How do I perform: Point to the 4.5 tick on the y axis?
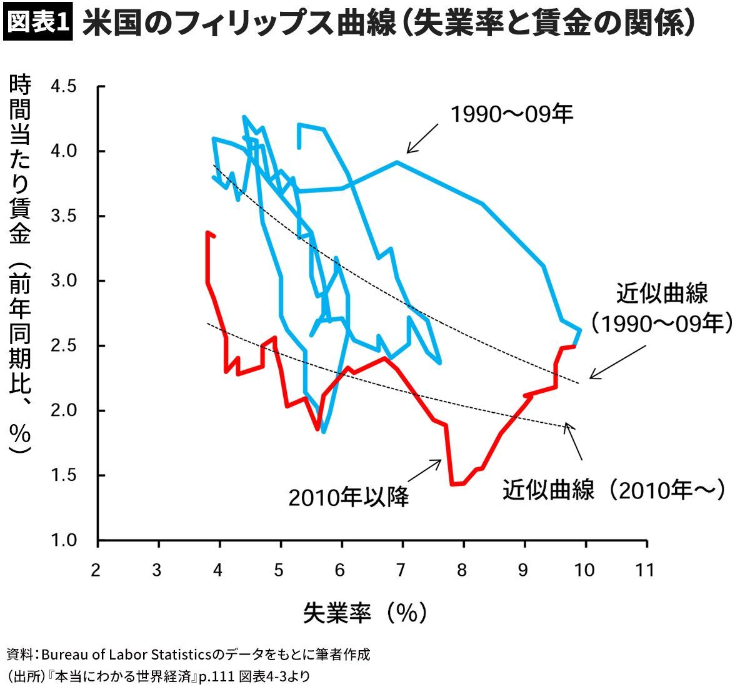pyautogui.click(x=64, y=86)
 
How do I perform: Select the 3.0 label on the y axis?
pyautogui.click(x=64, y=280)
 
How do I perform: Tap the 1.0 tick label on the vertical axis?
pyautogui.click(x=64, y=540)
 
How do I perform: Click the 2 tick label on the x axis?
pyautogui.click(x=96, y=571)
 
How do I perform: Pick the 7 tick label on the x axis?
pyautogui.click(x=401, y=571)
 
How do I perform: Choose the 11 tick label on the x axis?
pyautogui.click(x=646, y=571)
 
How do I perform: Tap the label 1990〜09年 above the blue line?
pyautogui.click(x=512, y=114)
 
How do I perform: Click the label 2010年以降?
pyautogui.click(x=349, y=498)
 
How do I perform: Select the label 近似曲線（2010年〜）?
pyautogui.click(x=614, y=490)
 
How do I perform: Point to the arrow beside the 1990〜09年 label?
pyautogui.click(x=422, y=139)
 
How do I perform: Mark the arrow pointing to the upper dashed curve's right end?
pyautogui.click(x=617, y=362)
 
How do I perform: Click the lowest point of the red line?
pyautogui.click(x=452, y=485)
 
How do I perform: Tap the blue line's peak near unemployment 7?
pyautogui.click(x=397, y=162)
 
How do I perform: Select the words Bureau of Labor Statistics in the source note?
pyautogui.click(x=127, y=655)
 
